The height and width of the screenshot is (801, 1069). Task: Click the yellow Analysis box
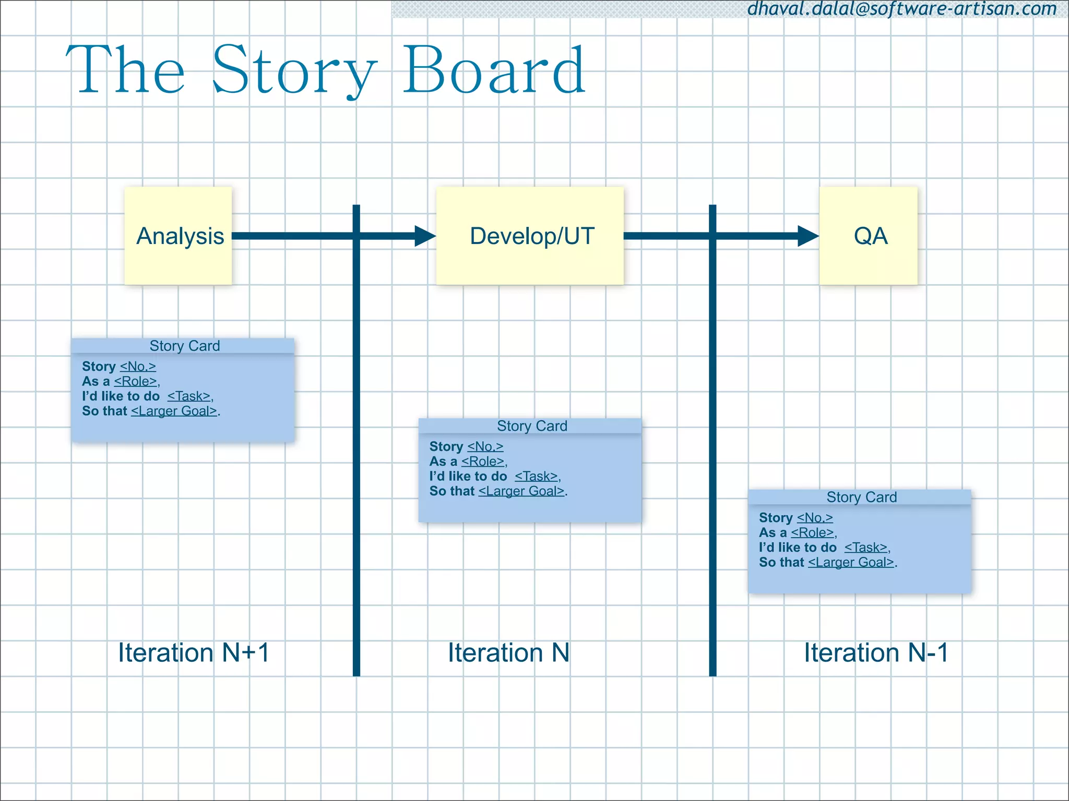click(178, 236)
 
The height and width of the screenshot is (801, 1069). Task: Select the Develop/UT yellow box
click(530, 236)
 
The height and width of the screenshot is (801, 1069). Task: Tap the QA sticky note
click(868, 236)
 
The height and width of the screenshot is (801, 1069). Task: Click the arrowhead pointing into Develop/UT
click(425, 236)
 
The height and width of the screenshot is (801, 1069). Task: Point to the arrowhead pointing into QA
click(808, 236)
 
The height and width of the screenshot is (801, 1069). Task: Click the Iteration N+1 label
click(194, 653)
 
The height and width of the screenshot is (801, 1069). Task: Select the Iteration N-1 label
click(876, 653)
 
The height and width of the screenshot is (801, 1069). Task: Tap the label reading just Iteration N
click(509, 653)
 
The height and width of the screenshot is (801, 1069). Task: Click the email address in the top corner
click(902, 9)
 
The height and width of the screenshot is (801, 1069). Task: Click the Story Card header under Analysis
click(184, 346)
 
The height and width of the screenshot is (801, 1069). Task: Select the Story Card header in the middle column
click(531, 426)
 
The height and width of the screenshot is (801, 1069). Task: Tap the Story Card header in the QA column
click(861, 497)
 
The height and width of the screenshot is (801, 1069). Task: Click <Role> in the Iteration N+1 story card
click(136, 381)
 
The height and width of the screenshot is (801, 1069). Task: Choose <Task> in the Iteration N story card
click(537, 476)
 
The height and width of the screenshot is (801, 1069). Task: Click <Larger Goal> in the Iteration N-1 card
click(851, 562)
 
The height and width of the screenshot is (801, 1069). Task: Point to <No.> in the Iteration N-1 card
click(815, 518)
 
